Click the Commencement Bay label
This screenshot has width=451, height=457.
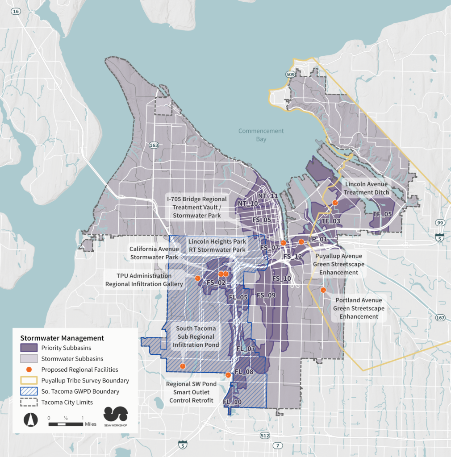click(x=261, y=135)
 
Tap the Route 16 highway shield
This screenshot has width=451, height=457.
click(x=17, y=12)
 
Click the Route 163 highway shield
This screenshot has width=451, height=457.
click(x=154, y=145)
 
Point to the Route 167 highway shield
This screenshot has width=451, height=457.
click(x=440, y=318)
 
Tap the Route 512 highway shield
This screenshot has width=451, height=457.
click(x=264, y=435)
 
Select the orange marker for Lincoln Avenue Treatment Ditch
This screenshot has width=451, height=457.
click(x=335, y=203)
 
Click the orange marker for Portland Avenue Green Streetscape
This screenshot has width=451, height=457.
click(x=323, y=290)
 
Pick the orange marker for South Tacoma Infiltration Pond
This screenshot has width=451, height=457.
click(x=183, y=366)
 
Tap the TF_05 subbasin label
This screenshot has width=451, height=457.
click(x=382, y=214)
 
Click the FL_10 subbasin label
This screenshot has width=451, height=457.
click(x=232, y=402)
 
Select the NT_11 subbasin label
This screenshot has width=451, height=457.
click(x=268, y=196)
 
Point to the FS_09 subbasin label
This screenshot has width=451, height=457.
click(x=266, y=295)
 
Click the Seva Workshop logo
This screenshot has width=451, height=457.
click(x=116, y=414)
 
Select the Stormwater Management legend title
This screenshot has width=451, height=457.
click(x=62, y=338)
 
